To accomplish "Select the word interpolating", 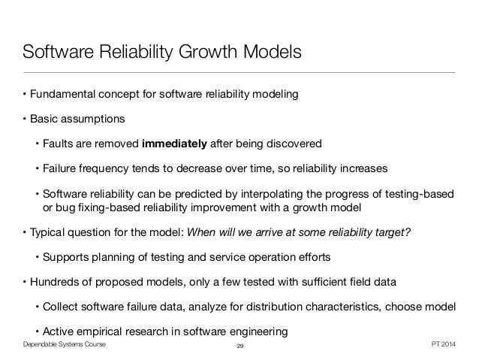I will click(246, 191).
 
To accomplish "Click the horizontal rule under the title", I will click(239, 73).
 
